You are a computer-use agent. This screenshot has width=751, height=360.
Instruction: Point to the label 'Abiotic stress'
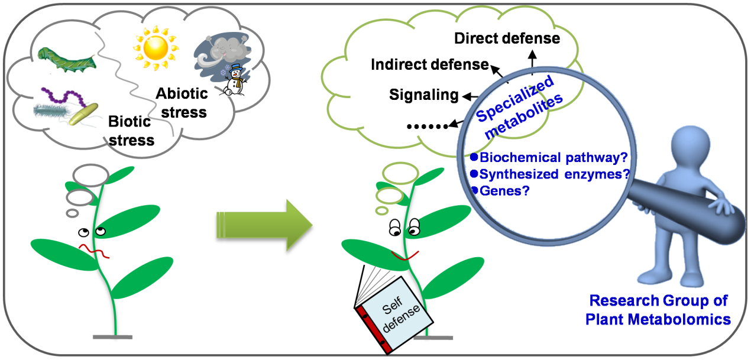182,102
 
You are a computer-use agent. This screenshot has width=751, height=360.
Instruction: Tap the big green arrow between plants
264,225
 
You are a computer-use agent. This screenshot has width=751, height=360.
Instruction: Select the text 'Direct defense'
507,39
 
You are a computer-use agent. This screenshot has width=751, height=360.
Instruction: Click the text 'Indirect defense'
429,64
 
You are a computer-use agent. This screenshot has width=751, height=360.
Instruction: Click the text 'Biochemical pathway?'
553,158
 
